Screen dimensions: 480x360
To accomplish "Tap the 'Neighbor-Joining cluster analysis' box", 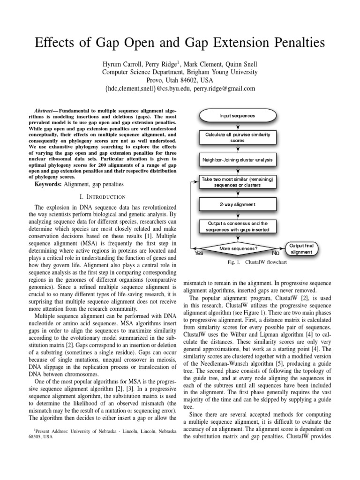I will pos(238,160).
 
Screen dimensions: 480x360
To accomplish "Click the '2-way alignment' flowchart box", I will pos(238,204).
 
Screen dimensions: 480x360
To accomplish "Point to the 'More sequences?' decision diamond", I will pos(238,248).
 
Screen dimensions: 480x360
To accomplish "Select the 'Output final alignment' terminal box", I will pos(301,248).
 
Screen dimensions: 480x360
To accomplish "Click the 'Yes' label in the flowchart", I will pos(199,253).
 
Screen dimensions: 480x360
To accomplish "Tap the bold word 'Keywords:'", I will pos(50,185).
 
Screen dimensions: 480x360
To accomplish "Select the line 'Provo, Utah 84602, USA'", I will pos(180,80).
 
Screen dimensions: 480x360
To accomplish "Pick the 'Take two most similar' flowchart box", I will pos(238,182).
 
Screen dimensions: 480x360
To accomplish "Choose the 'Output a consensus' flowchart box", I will pos(238,226).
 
